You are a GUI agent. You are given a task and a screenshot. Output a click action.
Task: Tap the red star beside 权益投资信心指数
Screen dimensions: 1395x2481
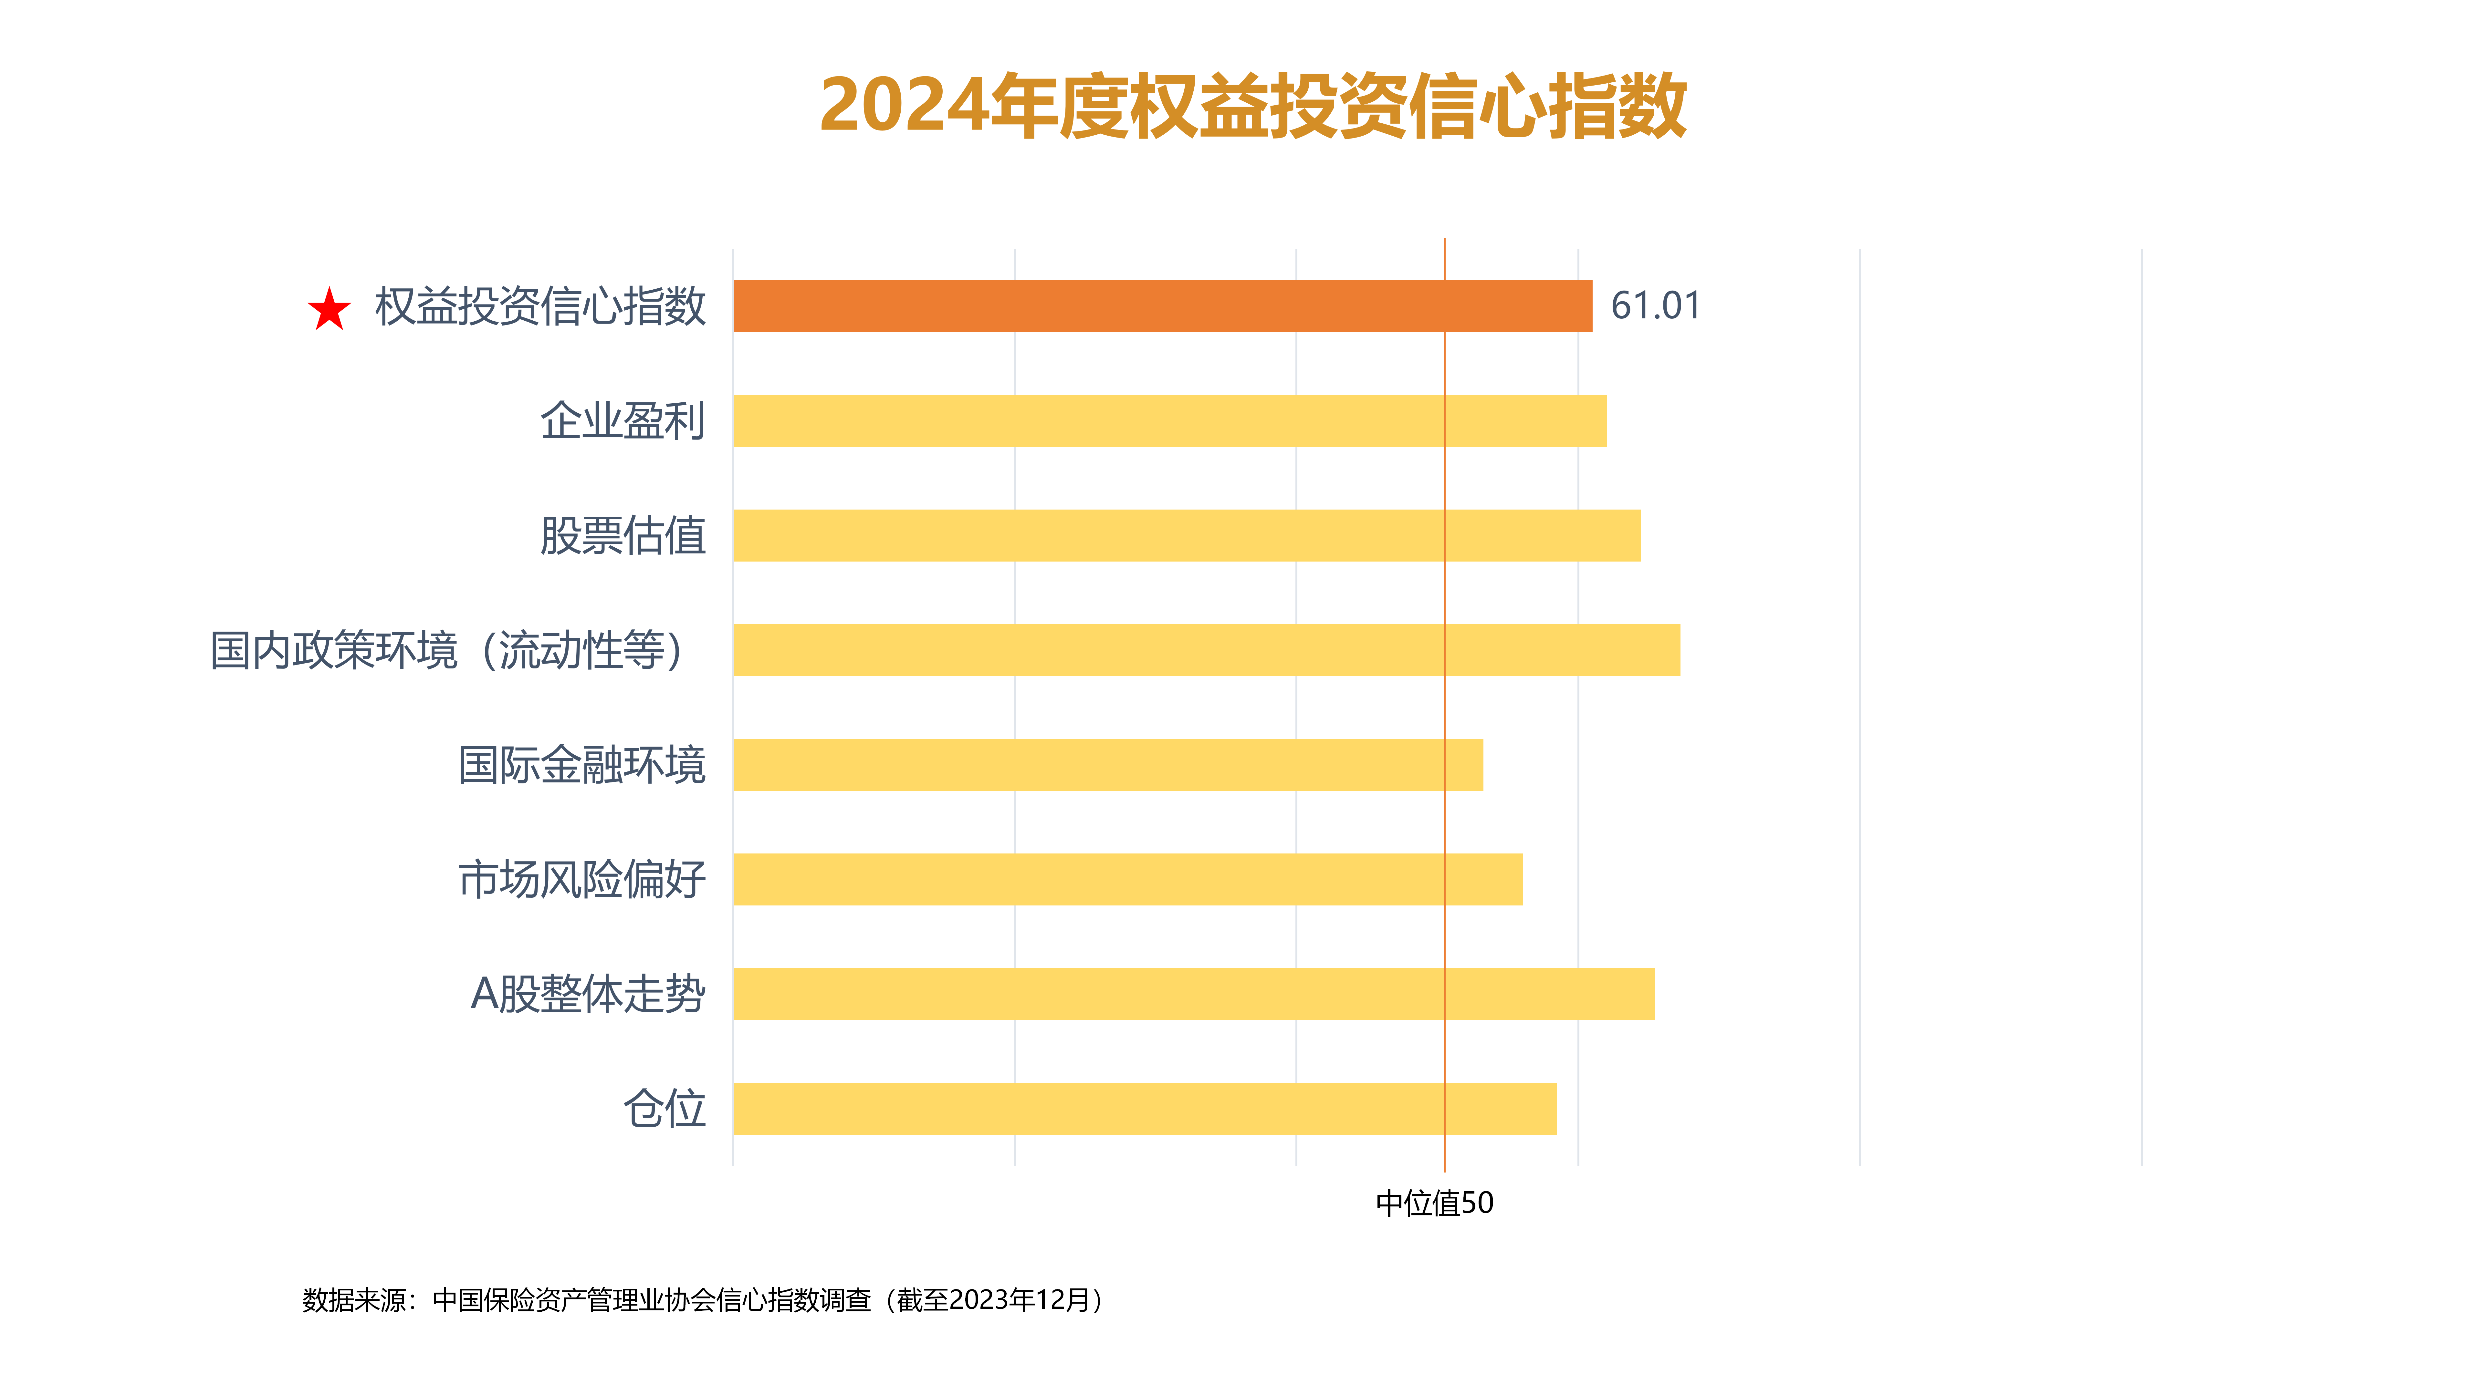(x=330, y=309)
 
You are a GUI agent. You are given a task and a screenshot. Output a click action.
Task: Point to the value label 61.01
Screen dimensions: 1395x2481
(x=1655, y=306)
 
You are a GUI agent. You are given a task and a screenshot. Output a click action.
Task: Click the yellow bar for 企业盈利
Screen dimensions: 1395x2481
(x=1169, y=421)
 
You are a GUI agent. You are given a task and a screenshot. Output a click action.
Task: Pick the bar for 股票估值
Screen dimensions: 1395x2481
(x=1186, y=535)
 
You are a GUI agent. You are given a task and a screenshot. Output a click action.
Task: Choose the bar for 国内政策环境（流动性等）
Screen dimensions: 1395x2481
(x=1206, y=650)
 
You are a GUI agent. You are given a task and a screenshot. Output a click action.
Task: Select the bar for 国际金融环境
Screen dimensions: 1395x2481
(x=1108, y=764)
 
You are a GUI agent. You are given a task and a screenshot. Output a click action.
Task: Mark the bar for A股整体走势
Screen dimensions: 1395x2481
(x=1193, y=994)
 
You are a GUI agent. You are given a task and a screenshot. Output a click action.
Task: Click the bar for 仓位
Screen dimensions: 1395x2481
(x=1144, y=1108)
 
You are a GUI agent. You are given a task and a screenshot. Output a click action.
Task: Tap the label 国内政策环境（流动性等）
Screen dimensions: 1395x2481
(x=448, y=650)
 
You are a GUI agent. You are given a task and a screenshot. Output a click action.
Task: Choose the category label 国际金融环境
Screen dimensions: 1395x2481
(x=582, y=764)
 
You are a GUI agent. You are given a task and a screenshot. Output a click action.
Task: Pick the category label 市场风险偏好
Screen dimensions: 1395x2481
(x=582, y=879)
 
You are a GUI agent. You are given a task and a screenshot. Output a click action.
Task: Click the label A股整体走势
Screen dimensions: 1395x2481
(x=588, y=994)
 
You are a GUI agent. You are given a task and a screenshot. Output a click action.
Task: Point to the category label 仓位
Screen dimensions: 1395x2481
(x=665, y=1108)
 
